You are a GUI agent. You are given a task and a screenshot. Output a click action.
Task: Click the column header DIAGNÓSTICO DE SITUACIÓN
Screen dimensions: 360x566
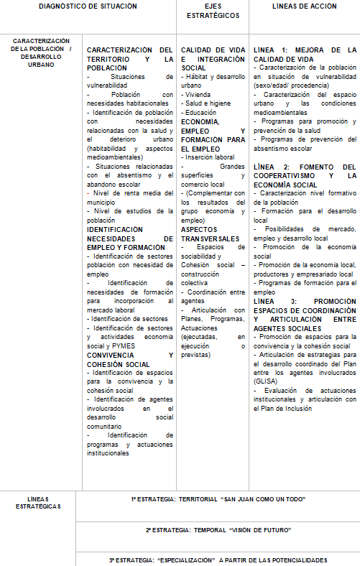(x=88, y=6)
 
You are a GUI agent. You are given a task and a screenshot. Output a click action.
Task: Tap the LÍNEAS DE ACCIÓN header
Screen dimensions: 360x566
(x=305, y=6)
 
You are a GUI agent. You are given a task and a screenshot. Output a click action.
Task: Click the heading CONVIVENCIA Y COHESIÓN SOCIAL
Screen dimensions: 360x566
(x=129, y=359)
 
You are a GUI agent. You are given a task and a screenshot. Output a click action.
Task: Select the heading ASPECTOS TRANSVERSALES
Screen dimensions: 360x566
(x=211, y=234)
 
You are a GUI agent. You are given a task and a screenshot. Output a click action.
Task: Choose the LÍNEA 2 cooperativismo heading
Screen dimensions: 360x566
(x=305, y=175)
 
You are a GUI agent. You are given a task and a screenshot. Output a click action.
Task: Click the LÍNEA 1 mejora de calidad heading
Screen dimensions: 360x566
(x=305, y=54)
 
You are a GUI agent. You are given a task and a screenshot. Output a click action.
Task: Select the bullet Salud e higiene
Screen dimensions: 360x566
(x=208, y=103)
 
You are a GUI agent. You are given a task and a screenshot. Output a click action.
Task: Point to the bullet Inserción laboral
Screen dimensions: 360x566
(x=209, y=157)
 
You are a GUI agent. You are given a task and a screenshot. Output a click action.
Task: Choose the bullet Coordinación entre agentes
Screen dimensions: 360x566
(x=212, y=296)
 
